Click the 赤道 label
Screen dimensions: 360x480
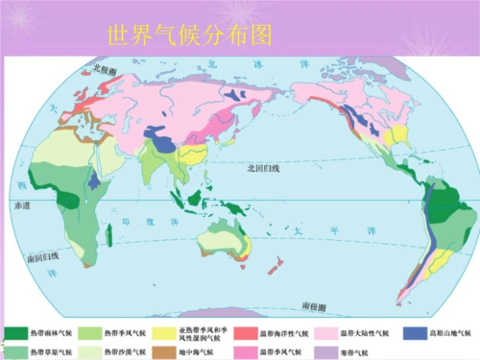(20, 205)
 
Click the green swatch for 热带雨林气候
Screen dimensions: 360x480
(15, 333)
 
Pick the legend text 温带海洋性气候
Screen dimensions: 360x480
(284, 333)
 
